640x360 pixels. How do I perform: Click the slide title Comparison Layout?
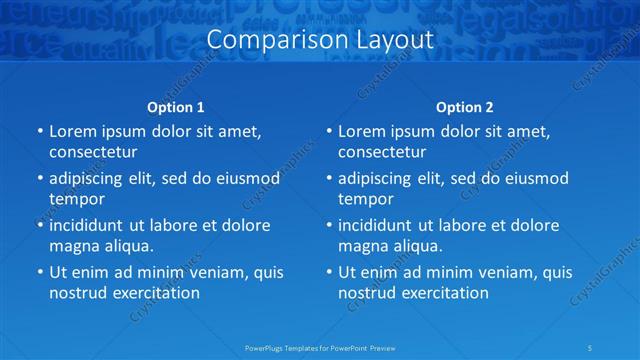point(320,40)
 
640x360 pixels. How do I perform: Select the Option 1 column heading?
point(176,107)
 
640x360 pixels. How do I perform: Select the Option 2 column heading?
point(465,107)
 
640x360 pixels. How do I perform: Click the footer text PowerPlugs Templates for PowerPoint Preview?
point(320,347)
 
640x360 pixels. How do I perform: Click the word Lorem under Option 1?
point(72,131)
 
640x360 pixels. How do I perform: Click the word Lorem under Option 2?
point(361,131)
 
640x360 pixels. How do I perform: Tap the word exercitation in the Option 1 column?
point(153,293)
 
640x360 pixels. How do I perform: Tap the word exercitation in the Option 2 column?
point(442,293)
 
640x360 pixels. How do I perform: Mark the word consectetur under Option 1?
point(93,152)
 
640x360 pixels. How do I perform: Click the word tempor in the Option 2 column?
point(365,199)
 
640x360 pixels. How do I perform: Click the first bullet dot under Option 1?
point(39,131)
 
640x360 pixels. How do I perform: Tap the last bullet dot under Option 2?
point(328,272)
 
